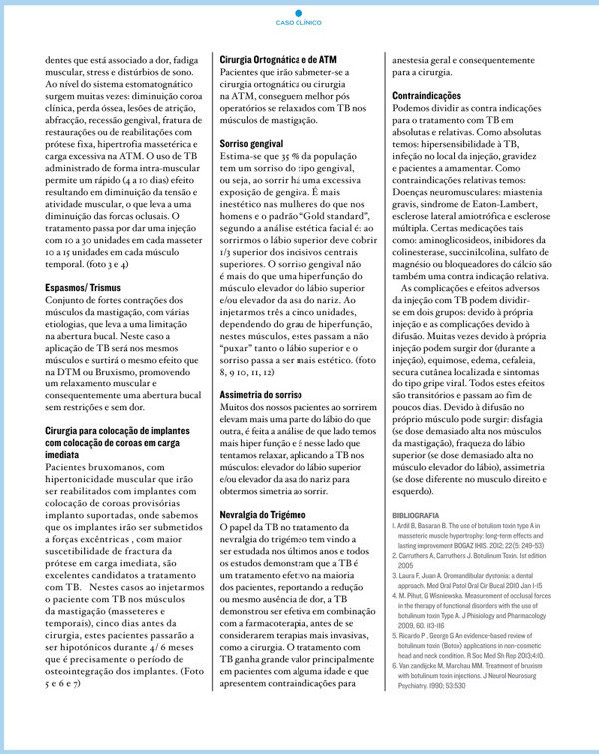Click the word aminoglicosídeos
pyautogui.click(x=447, y=244)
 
